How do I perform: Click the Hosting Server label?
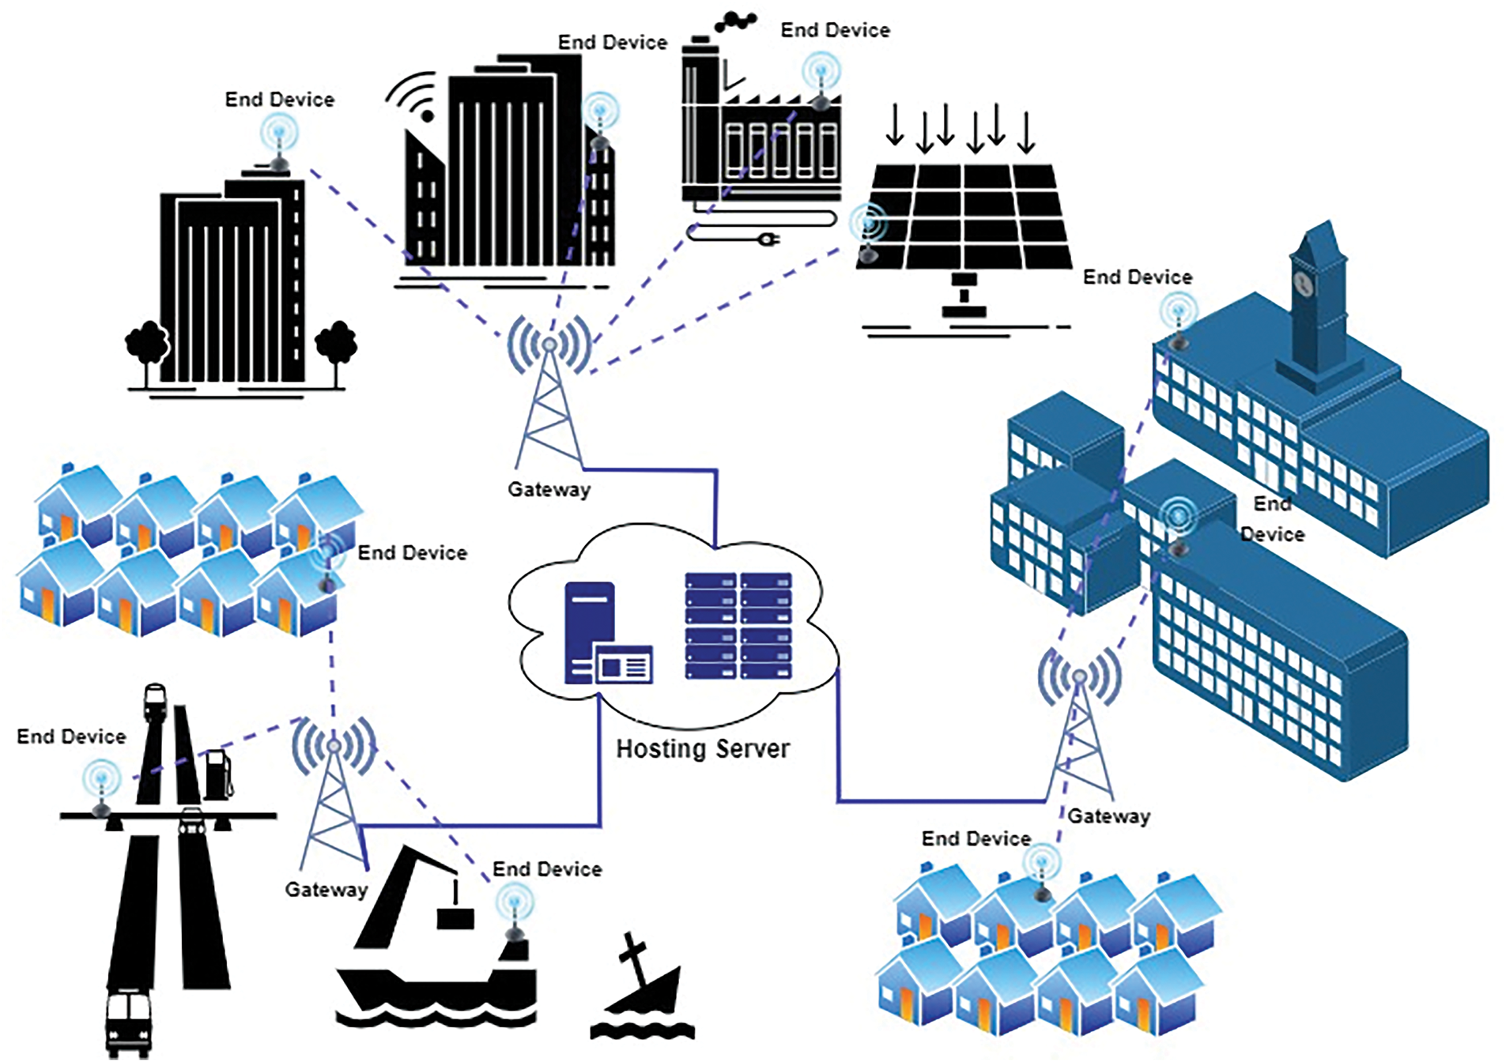tap(702, 748)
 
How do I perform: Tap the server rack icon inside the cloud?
tap(737, 626)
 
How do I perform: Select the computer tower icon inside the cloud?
tap(590, 632)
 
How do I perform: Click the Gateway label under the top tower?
tap(549, 490)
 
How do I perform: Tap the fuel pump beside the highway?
tap(218, 776)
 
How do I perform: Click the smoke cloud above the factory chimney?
tap(735, 22)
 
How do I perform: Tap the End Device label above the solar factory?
tap(835, 30)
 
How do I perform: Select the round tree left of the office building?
tap(146, 345)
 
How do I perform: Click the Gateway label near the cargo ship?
tap(326, 890)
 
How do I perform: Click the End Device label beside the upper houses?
tap(412, 553)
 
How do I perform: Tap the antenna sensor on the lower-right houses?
tap(1043, 873)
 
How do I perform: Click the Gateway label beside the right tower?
tap(1108, 816)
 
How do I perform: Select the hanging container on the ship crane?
tap(455, 917)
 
